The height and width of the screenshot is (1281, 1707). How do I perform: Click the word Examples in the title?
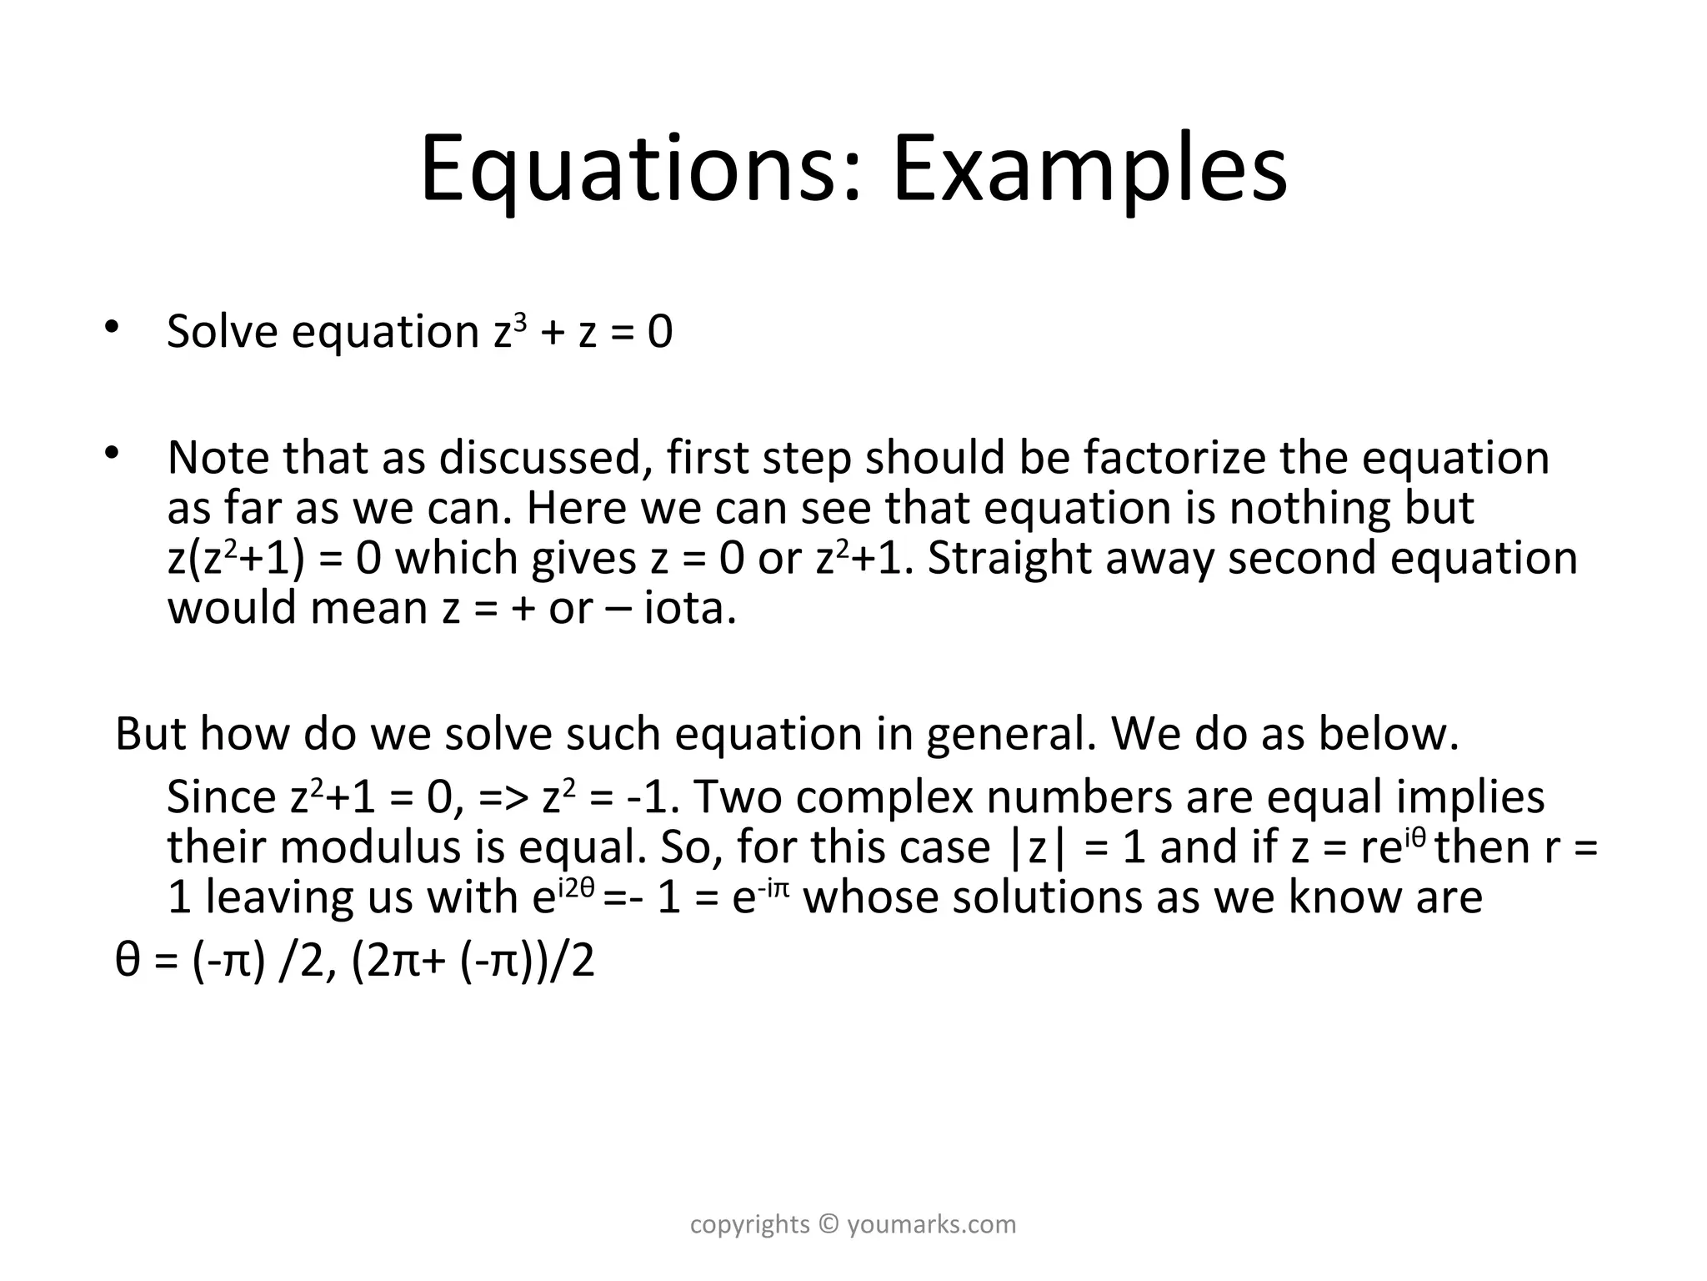coord(1089,171)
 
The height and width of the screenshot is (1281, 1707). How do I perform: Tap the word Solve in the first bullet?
coord(223,331)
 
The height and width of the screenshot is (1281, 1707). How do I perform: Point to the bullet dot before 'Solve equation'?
coord(113,326)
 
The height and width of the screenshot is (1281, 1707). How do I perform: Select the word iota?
coord(689,608)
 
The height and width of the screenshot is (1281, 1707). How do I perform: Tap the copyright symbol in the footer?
coord(828,1224)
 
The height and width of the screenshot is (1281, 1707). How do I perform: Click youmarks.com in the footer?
coord(932,1224)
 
